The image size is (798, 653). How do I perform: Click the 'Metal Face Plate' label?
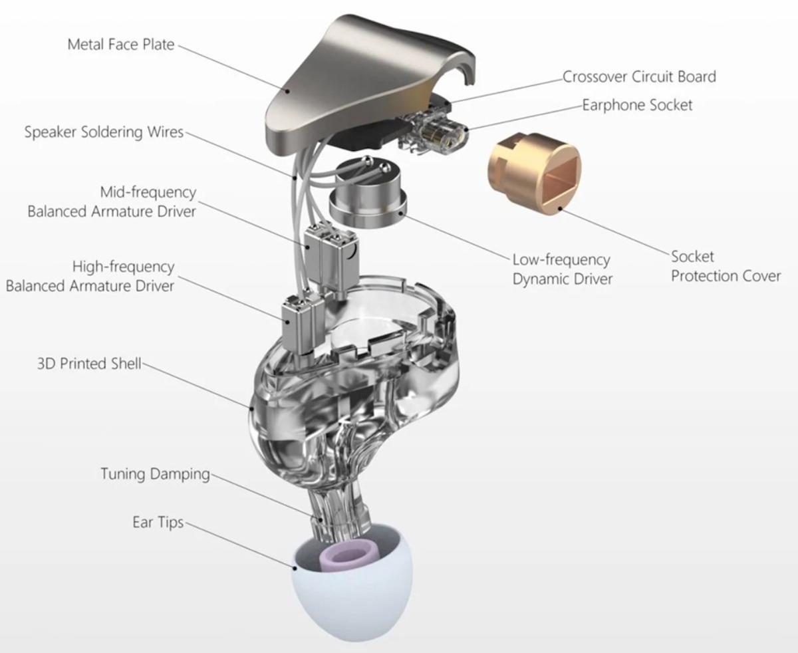[x=121, y=45]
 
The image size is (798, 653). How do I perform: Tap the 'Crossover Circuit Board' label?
[x=639, y=76]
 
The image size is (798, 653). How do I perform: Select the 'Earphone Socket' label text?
[x=637, y=105]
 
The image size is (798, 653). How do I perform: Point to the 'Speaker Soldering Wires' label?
[x=104, y=132]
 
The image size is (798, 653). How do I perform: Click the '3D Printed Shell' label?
[x=89, y=364]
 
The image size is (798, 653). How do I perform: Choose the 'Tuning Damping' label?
[x=155, y=474]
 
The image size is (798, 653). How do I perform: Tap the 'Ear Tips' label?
[x=158, y=523]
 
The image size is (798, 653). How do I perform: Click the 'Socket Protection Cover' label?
[x=726, y=267]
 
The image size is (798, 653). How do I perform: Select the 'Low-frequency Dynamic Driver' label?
[x=563, y=269]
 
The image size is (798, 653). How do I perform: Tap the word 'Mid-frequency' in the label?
[x=148, y=192]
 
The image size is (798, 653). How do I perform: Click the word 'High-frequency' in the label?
[x=123, y=267]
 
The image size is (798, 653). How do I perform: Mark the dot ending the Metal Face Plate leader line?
[x=287, y=91]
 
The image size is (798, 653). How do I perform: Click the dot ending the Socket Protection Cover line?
[x=560, y=208]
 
